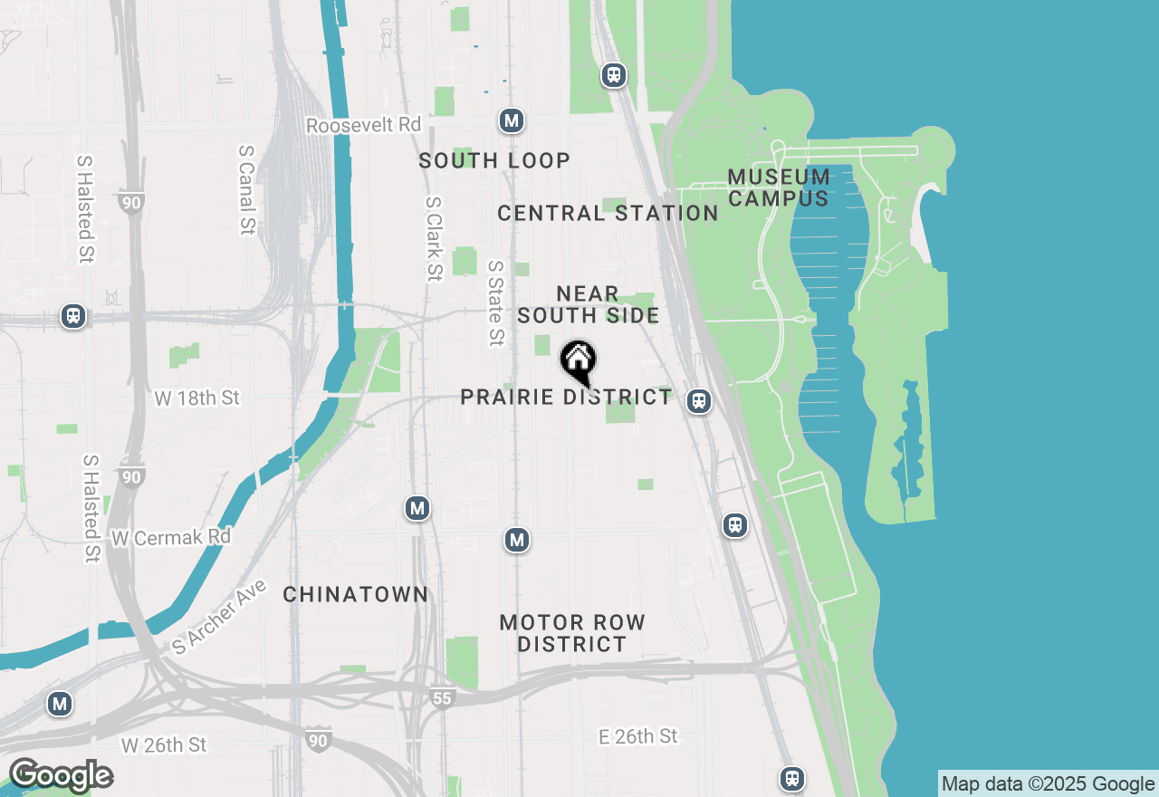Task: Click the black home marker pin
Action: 578,361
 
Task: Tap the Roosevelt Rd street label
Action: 364,125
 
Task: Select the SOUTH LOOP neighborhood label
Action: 494,161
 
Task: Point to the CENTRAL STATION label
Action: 608,214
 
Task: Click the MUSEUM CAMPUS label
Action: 779,187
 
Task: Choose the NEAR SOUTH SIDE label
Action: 589,304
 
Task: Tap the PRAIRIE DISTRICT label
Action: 566,398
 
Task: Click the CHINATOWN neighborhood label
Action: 356,595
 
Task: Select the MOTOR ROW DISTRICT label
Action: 572,633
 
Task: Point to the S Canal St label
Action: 246,190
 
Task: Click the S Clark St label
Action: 434,239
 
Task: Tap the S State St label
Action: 495,303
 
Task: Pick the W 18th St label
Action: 196,398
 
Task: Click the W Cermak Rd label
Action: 171,537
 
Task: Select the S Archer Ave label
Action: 220,617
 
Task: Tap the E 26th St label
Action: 637,736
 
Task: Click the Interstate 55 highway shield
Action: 441,698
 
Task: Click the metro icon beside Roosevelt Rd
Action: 512,120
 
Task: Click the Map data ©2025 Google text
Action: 1048,784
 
